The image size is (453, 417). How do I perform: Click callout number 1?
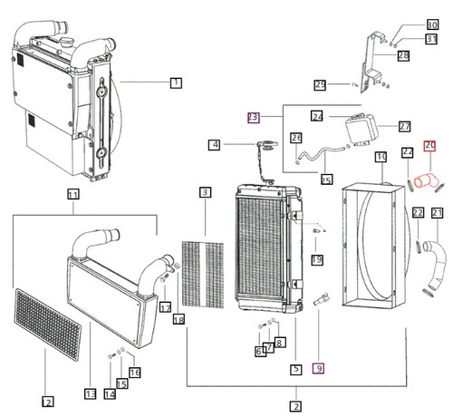176,82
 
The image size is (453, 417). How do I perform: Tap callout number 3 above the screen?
206,192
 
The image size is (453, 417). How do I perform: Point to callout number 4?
215,144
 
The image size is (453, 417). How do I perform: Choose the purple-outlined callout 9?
317,369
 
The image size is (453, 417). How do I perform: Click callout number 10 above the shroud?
381,157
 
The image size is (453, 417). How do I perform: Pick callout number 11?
72,194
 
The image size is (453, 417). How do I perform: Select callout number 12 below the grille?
47,402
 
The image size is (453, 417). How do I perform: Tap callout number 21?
437,213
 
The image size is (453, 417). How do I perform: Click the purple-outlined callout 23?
255,117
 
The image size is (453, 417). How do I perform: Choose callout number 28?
403,56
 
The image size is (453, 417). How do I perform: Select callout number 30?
431,24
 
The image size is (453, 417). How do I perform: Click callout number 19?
317,260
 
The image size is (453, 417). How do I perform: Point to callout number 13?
91,394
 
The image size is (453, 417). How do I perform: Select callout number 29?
319,85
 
